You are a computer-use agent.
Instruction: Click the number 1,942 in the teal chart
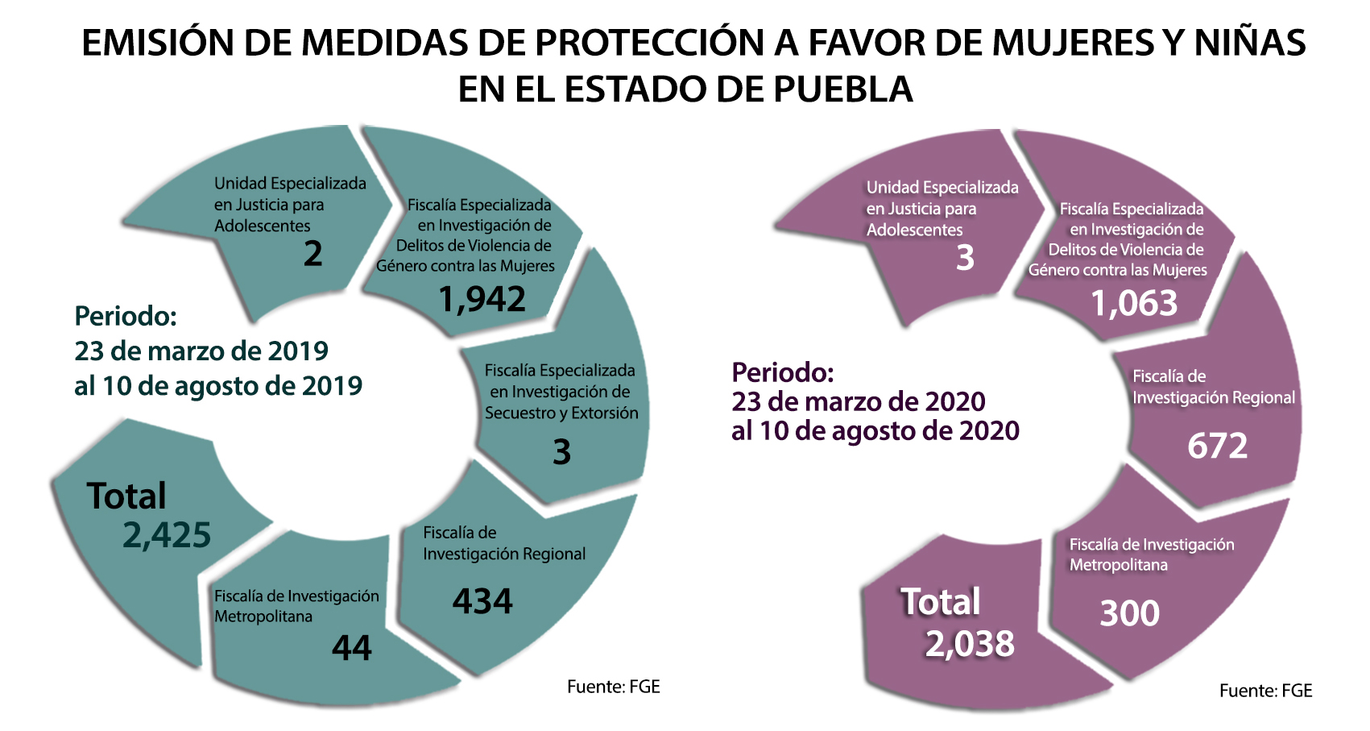[x=482, y=300]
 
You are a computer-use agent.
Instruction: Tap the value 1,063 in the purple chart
[x=1134, y=304]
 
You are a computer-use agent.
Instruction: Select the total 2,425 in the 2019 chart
[x=167, y=535]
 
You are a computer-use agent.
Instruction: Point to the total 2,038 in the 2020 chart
[x=970, y=644]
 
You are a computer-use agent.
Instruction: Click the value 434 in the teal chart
[x=482, y=601]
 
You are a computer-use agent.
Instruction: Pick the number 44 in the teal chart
[x=352, y=648]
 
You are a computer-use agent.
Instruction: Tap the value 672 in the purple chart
[x=1217, y=446]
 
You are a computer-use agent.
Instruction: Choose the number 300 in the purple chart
[x=1130, y=613]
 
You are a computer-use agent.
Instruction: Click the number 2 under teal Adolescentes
[x=312, y=254]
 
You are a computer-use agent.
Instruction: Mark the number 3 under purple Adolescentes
[x=965, y=258]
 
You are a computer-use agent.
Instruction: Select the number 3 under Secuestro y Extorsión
[x=561, y=452]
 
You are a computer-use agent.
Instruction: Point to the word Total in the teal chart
[x=126, y=496]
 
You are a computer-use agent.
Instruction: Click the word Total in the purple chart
[x=940, y=602]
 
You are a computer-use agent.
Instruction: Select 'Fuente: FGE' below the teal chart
[x=613, y=687]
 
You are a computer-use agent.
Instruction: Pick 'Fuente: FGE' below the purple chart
[x=1265, y=691]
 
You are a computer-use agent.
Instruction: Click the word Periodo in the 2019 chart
[x=126, y=316]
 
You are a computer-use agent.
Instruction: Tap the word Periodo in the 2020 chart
[x=782, y=372]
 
